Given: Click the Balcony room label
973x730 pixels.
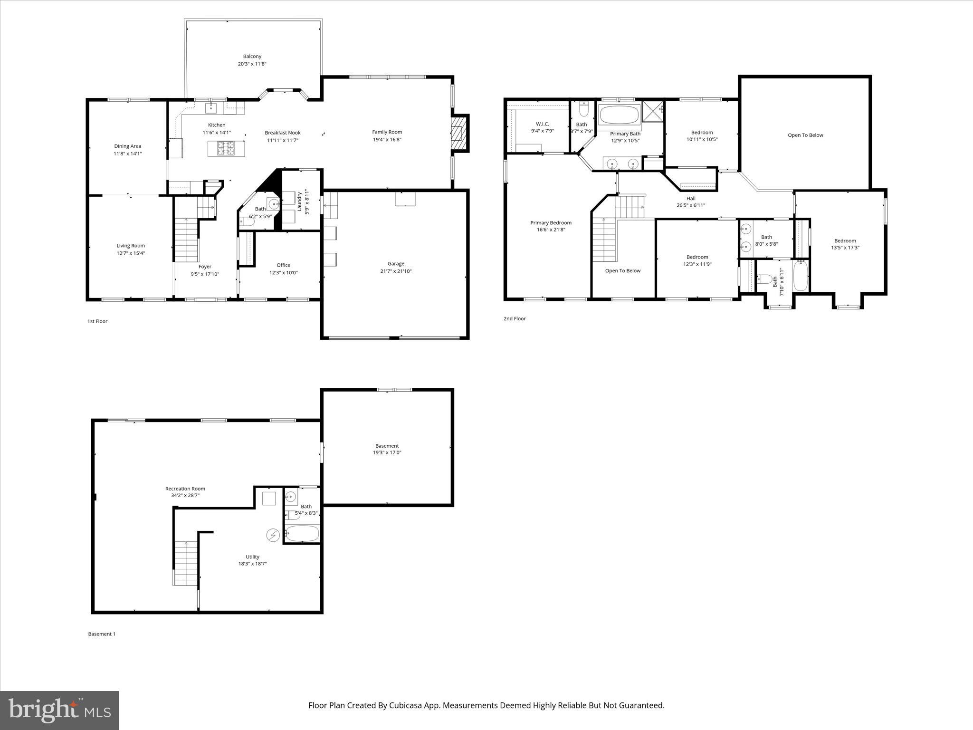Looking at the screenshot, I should tap(252, 57).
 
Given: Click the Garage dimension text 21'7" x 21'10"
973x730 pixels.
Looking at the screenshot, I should tap(396, 271).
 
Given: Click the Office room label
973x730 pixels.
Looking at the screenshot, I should tap(283, 265).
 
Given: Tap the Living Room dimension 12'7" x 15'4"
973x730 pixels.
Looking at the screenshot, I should tap(131, 253).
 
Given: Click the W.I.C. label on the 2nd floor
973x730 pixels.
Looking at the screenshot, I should tap(542, 124).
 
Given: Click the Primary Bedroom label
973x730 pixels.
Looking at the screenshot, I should tap(551, 223).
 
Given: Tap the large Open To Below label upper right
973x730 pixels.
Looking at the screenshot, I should tap(805, 135).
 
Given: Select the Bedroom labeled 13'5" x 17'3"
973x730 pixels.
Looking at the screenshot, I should tap(845, 244).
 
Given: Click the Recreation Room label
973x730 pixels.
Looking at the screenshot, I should tap(185, 489).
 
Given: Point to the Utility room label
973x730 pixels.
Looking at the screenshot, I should tap(252, 557).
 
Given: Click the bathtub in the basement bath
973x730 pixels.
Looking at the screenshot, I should tap(302, 534).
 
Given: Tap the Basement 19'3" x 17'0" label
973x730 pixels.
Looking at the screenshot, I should tap(387, 449).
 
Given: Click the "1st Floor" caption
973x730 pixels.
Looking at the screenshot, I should tap(97, 321).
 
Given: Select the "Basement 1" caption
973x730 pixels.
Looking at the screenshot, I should tap(102, 634).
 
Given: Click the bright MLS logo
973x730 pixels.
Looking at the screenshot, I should tap(59, 710).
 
